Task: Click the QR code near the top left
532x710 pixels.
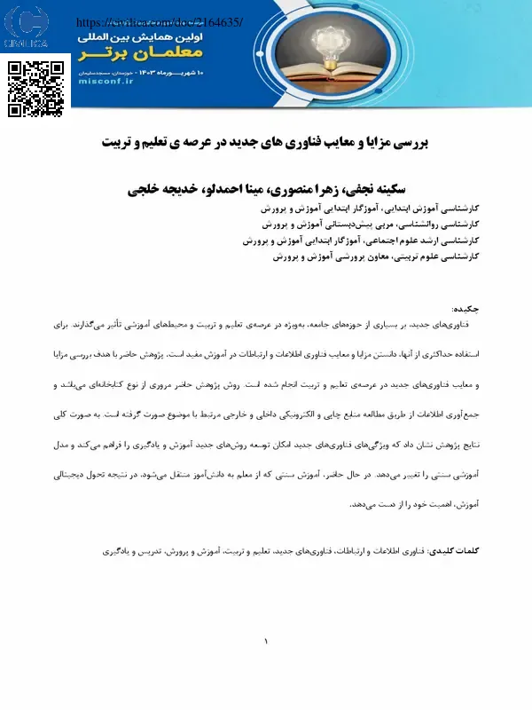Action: click(36, 89)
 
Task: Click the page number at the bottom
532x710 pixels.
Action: click(265, 641)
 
